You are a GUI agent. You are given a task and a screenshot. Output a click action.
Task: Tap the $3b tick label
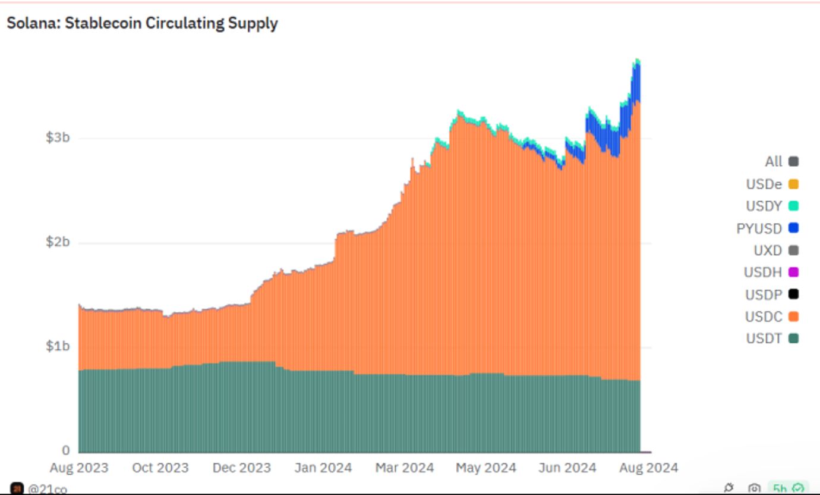click(58, 137)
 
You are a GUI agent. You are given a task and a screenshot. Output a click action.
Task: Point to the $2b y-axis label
click(58, 242)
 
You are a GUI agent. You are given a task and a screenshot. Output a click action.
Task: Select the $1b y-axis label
click(58, 346)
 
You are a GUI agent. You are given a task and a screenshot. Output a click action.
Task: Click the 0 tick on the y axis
click(65, 450)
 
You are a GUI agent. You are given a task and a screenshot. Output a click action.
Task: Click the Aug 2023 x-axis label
click(79, 468)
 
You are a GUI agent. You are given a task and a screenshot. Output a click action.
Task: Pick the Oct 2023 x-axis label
click(160, 468)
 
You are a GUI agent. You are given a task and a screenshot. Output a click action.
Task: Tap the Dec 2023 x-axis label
click(242, 468)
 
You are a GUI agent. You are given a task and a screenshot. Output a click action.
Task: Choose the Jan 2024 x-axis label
click(323, 468)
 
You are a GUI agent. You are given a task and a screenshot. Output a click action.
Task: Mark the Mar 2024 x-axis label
click(405, 468)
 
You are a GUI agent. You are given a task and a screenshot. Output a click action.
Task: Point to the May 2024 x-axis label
click(486, 468)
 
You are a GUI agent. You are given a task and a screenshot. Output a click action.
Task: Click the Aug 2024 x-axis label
click(648, 468)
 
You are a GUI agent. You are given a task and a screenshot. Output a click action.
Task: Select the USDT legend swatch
click(793, 339)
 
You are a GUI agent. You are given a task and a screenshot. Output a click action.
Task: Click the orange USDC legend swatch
click(793, 317)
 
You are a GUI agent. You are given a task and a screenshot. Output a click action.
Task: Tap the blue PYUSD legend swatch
click(793, 228)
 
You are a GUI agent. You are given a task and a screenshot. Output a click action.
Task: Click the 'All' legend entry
click(774, 161)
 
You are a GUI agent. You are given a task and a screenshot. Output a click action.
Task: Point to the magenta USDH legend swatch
click(793, 272)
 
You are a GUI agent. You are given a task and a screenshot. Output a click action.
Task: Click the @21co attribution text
click(47, 489)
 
